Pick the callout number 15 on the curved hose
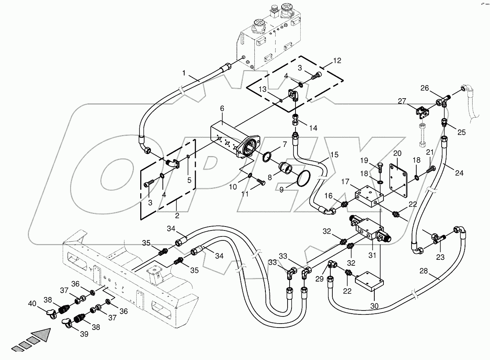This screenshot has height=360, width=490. coord(334,154)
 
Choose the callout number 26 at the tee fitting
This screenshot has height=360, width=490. coord(424,88)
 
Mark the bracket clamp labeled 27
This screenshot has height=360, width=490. coord(422,114)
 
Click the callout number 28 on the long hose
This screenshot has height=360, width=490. coord(423,271)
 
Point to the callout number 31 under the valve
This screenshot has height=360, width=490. coord(372,255)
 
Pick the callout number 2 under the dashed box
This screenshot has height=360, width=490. coord(177,216)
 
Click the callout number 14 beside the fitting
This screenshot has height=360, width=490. coord(313,128)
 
